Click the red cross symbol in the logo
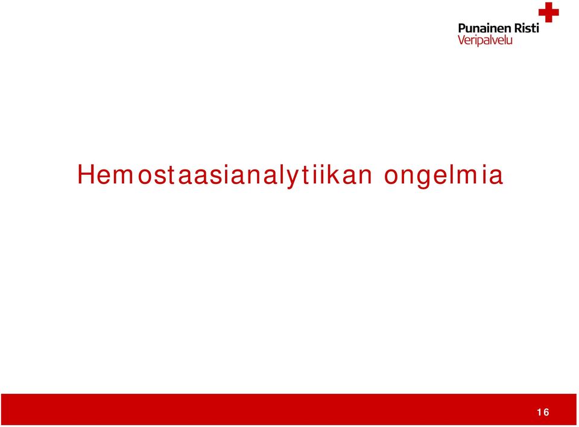(x=548, y=12)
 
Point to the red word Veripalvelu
(x=485, y=40)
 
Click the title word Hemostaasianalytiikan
(x=224, y=176)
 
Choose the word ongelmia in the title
(x=443, y=176)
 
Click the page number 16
(x=543, y=413)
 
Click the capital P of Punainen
(x=462, y=28)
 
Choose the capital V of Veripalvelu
(x=462, y=40)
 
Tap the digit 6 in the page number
(x=546, y=413)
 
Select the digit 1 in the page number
(x=539, y=413)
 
